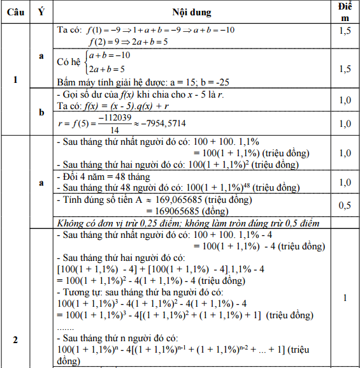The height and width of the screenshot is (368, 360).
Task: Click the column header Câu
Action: (15, 13)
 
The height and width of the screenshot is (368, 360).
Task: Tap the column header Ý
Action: (41, 13)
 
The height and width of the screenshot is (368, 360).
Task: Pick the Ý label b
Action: (41, 112)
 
